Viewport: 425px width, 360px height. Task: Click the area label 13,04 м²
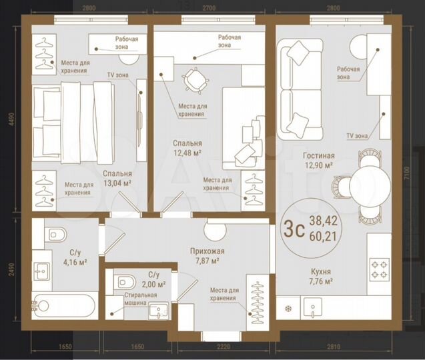[117, 182]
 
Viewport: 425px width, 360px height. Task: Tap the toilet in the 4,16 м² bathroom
[56, 234]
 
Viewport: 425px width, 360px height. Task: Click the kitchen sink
[314, 309]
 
